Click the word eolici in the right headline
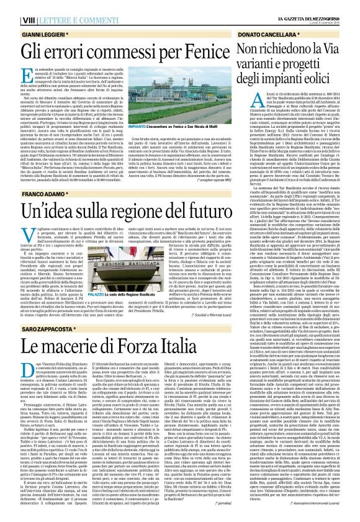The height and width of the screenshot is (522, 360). (x=335, y=79)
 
